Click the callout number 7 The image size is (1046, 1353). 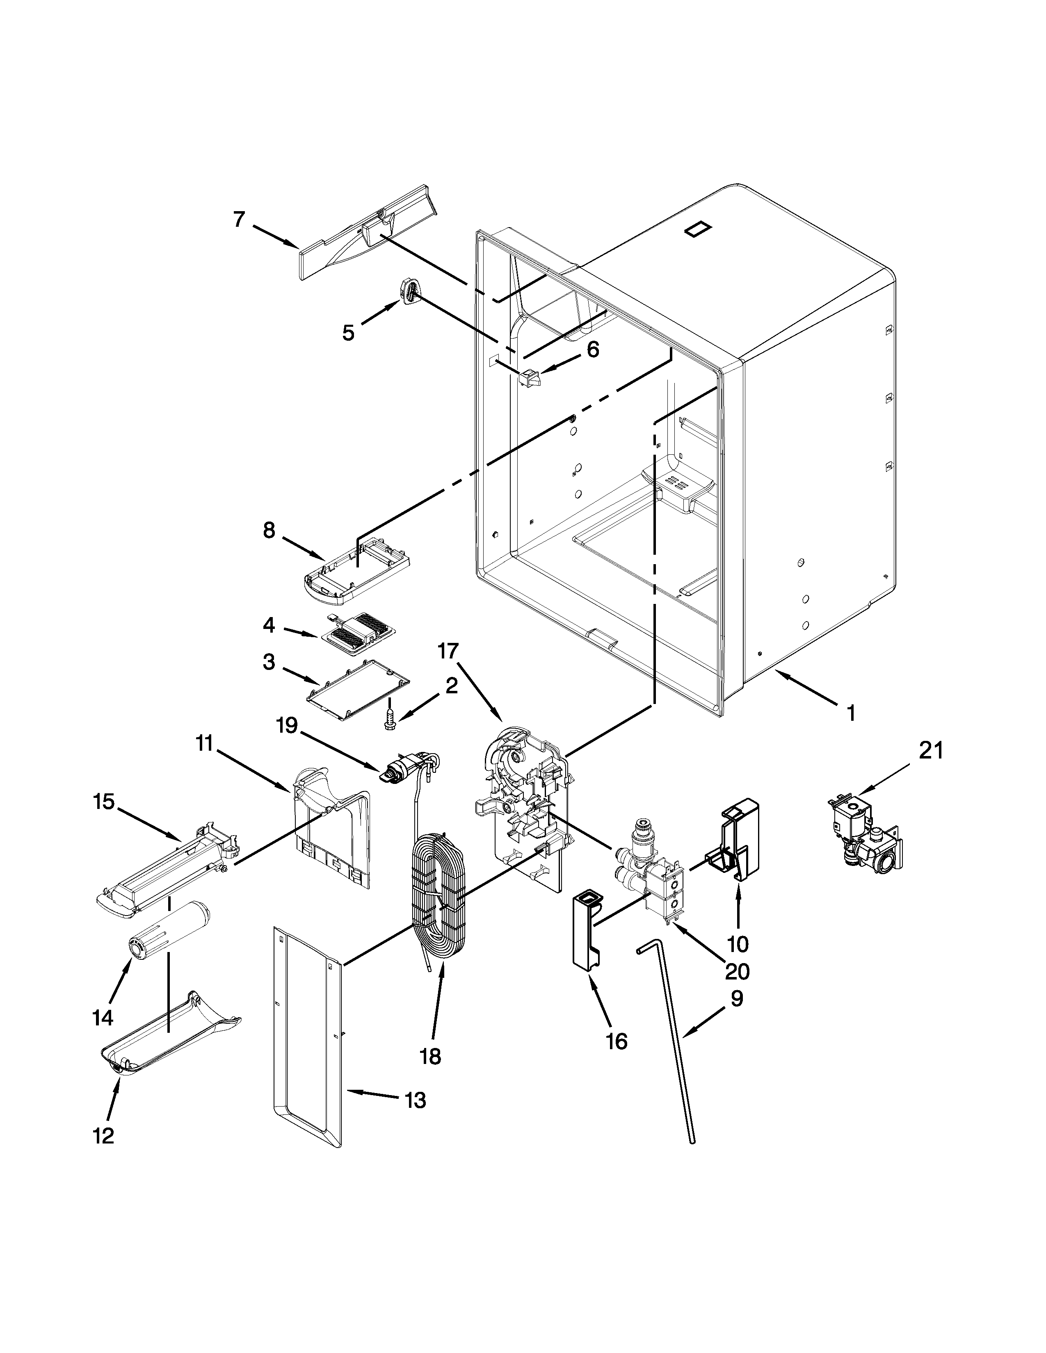tap(239, 219)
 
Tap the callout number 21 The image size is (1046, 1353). tap(930, 750)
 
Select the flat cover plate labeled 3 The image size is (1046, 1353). tap(356, 692)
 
